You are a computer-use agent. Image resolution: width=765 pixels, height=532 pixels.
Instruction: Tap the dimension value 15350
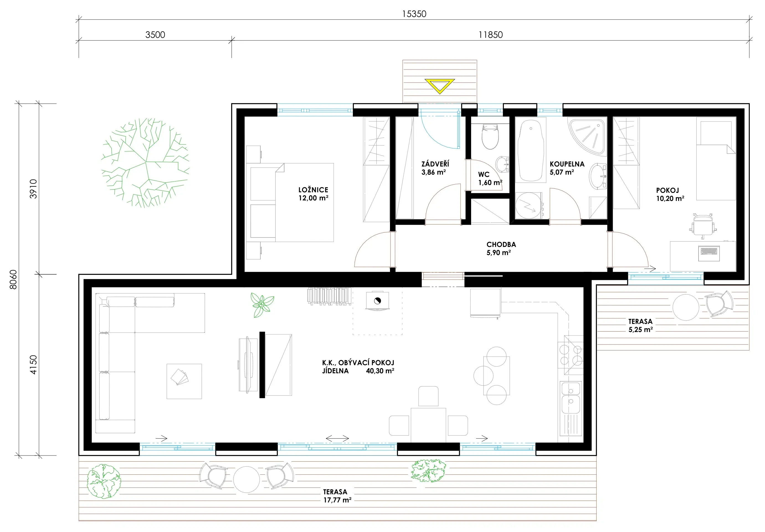pos(414,14)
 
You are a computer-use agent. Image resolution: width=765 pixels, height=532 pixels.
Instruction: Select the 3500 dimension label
pos(155,35)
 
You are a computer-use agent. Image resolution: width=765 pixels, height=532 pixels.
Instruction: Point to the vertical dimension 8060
pos(13,279)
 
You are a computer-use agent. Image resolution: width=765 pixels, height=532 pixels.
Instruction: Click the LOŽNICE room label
pos(313,190)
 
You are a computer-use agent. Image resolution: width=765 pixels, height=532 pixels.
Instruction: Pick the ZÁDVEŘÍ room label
pos(435,164)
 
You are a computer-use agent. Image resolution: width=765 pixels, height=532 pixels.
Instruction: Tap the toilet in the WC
pos(490,136)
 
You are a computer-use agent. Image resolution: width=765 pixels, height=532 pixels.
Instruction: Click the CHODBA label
pos(501,244)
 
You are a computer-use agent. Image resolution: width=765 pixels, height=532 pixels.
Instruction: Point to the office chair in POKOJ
pos(703,226)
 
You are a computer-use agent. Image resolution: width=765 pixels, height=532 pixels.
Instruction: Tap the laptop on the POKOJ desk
pos(709,253)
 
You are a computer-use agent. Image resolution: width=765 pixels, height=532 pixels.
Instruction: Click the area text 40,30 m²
pos(380,371)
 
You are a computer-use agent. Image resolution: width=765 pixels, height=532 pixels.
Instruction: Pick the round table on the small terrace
pos(686,307)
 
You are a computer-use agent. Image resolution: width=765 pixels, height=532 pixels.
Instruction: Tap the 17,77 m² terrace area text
pos(337,500)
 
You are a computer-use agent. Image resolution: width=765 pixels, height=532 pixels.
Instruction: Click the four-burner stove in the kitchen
pos(571,355)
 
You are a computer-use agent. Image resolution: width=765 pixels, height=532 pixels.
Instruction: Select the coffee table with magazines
pos(184,381)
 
